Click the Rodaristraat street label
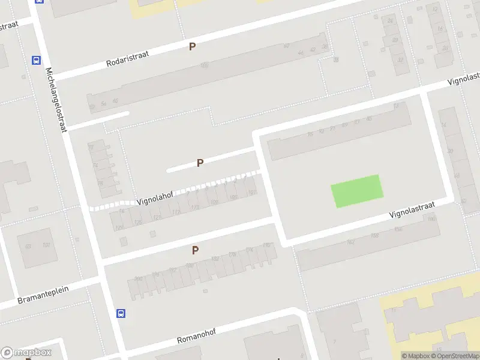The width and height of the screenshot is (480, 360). pos(127,58)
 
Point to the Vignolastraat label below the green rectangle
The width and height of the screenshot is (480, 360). pos(411,209)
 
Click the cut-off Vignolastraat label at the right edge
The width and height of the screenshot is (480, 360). pos(466,79)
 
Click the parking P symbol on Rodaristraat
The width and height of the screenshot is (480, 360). pos(193,46)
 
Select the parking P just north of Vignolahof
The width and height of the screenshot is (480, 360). pos(200,163)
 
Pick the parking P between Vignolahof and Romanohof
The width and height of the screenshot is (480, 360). pos(195,250)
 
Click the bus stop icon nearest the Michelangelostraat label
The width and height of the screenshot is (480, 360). pos(36,60)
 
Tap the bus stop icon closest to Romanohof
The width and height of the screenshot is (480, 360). pos(121,313)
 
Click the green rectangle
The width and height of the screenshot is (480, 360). pos(357,191)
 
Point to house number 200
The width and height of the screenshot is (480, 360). pos(139,278)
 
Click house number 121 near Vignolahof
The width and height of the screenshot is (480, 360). pos(157,217)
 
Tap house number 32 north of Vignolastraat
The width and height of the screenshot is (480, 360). pos(400,59)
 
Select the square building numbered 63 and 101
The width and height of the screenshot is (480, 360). pos(37,246)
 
